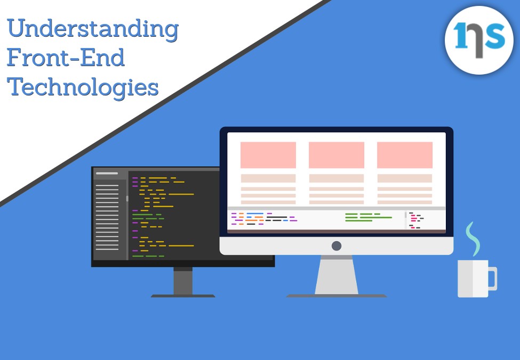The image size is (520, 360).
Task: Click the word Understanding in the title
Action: coord(92,29)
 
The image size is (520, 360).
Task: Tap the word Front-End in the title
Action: coord(66,57)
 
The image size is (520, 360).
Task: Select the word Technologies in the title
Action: coord(83,87)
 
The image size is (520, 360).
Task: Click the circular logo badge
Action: coord(479,40)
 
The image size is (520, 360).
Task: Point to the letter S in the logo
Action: coord(494,36)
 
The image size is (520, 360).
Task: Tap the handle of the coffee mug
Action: coord(493,278)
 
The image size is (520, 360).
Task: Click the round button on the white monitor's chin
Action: coord(337,246)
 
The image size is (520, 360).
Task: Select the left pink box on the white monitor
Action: coord(268,155)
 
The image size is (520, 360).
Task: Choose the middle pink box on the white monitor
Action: coord(337,155)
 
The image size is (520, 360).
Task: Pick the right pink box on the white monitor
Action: coord(405,155)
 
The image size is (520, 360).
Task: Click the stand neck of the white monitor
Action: coord(337,275)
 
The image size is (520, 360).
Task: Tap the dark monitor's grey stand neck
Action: coord(183,281)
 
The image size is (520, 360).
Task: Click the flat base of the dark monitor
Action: coord(183,295)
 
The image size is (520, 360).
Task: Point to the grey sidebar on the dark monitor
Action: coord(110,214)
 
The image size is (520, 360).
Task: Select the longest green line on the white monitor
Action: coord(376,218)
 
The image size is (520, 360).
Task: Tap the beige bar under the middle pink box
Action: coord(337,178)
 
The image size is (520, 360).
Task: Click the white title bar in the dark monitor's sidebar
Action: coord(107,173)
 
